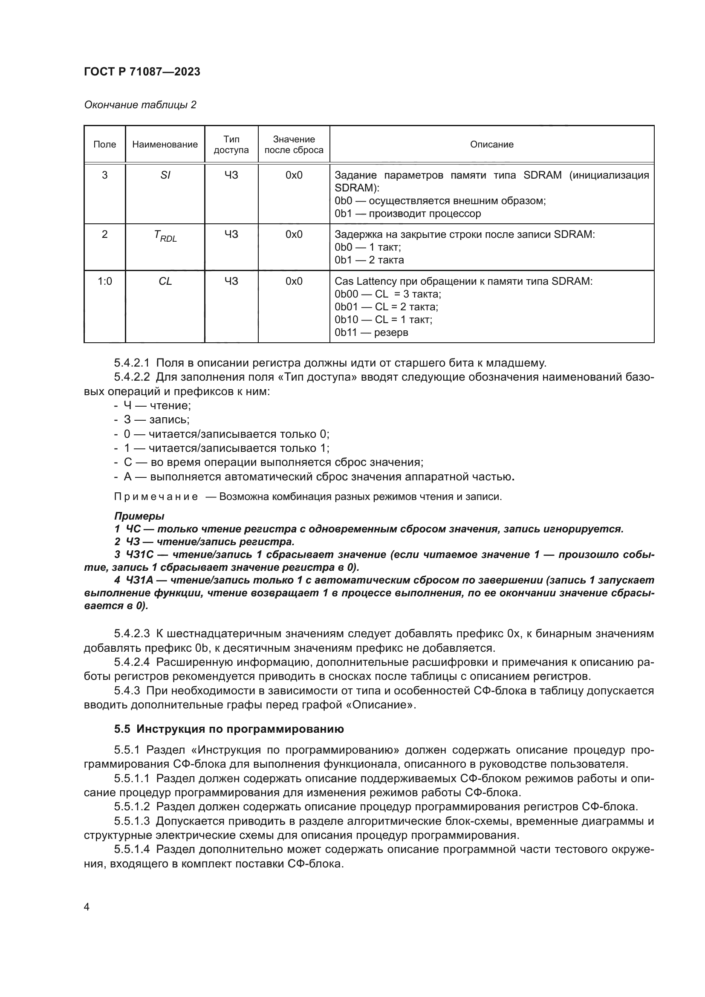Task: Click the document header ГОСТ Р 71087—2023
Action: pos(142,72)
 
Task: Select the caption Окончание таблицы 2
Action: pos(140,105)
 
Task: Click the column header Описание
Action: pos(491,144)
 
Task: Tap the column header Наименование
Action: pos(165,144)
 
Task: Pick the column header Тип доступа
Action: pos(231,144)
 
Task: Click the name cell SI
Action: pos(165,175)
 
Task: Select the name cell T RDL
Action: pos(165,236)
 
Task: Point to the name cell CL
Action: pos(165,281)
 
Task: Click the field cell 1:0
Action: pos(104,281)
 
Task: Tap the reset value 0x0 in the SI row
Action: pos(294,175)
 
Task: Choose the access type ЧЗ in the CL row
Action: pos(231,281)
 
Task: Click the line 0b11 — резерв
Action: pos(371,332)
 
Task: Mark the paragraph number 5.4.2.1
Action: pos(132,363)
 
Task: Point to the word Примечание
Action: pos(156,497)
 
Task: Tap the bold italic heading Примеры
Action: pos(139,516)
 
